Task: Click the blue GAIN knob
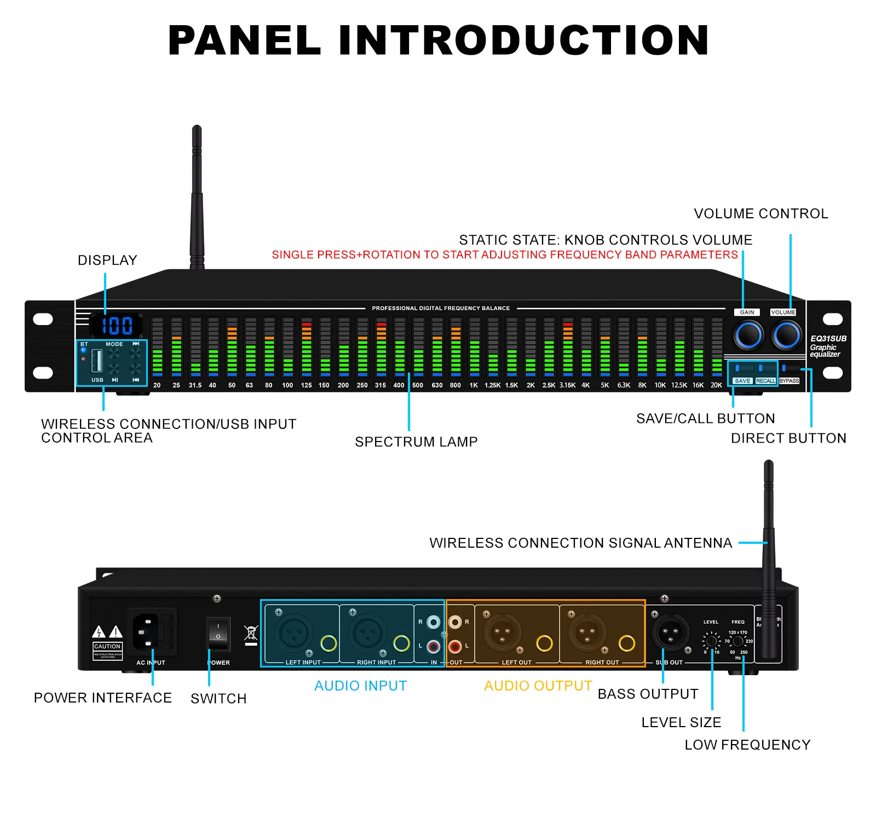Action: (x=748, y=335)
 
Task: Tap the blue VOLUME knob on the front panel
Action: (x=787, y=335)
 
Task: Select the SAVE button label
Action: (x=742, y=381)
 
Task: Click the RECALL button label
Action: (x=765, y=381)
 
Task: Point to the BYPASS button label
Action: (x=789, y=381)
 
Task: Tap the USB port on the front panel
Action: (x=97, y=360)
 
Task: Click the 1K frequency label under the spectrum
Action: (x=474, y=385)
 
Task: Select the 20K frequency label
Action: (x=716, y=385)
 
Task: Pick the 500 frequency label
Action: (x=418, y=385)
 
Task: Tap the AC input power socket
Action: (x=146, y=631)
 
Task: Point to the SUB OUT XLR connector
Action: (x=670, y=632)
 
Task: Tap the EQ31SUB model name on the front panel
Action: (x=828, y=339)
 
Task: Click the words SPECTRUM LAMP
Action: (x=416, y=442)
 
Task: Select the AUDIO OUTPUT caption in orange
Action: (x=538, y=686)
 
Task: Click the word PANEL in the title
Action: (x=244, y=40)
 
